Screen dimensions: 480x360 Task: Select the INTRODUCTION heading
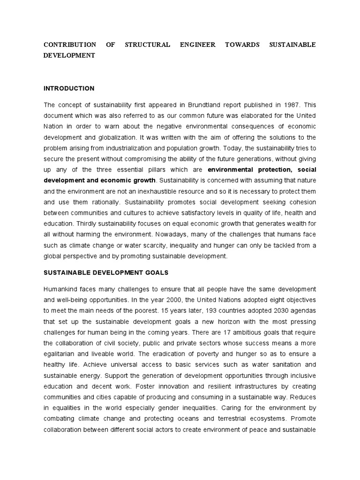[69, 88]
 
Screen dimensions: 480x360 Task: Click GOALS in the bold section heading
[152, 272]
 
